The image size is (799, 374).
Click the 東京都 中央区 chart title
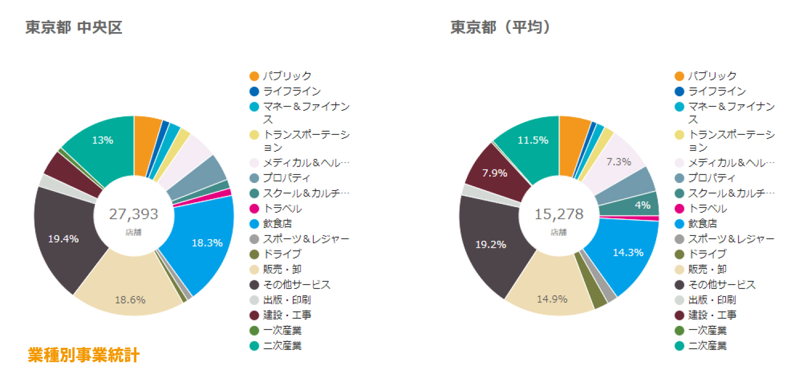point(74,27)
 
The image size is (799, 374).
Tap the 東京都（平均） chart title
point(501,27)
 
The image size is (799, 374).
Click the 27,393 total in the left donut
point(134,215)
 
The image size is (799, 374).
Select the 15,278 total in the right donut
point(559,215)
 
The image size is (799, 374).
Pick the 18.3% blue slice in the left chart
point(207,243)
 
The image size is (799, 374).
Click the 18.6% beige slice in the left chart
point(130,300)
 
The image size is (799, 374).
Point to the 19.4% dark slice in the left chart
point(63,239)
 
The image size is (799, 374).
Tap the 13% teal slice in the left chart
point(102,140)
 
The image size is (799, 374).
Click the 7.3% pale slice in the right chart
point(618,161)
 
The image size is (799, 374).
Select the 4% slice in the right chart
point(643,205)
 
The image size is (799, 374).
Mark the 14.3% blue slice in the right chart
point(628,253)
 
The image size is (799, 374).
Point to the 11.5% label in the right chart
point(533,140)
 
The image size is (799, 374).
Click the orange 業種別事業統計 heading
point(84,355)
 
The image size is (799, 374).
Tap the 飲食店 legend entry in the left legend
point(277,224)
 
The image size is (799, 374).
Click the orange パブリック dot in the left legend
point(254,77)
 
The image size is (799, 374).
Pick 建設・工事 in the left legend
point(287,315)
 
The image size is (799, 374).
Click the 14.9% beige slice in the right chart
point(552,299)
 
